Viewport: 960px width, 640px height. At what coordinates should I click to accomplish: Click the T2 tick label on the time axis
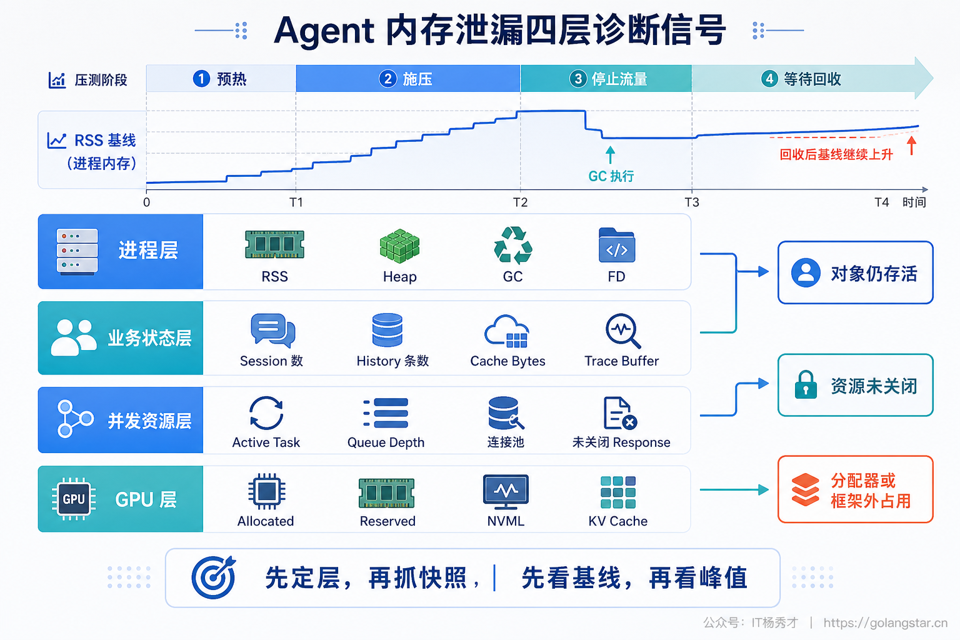click(520, 202)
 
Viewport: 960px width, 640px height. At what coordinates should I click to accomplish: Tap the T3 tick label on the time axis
click(692, 202)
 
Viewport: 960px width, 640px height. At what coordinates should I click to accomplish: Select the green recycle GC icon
click(513, 245)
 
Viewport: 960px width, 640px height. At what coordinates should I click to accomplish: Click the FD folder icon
click(617, 245)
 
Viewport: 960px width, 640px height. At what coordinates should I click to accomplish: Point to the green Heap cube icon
click(399, 246)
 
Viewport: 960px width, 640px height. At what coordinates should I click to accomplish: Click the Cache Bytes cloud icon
click(507, 331)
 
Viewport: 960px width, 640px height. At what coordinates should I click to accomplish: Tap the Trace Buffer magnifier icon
click(622, 331)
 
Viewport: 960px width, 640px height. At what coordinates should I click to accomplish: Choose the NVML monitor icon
click(506, 491)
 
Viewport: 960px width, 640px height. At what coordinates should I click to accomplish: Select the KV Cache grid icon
click(618, 492)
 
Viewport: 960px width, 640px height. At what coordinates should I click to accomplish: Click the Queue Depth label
click(386, 442)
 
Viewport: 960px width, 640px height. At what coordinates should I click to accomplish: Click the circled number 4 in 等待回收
click(769, 79)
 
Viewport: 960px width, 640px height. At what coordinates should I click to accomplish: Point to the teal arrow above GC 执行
click(610, 155)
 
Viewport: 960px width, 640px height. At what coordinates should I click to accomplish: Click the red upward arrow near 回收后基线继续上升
click(912, 146)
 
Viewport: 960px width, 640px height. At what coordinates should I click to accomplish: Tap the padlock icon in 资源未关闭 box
click(806, 384)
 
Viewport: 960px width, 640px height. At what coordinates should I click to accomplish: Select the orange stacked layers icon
click(805, 489)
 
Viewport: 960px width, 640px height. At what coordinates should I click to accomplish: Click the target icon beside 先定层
click(214, 577)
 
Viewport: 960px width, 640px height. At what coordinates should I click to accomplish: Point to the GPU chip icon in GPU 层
click(74, 499)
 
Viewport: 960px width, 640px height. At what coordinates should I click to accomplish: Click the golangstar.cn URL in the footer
click(886, 622)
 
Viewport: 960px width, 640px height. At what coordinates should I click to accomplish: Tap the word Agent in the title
click(324, 31)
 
